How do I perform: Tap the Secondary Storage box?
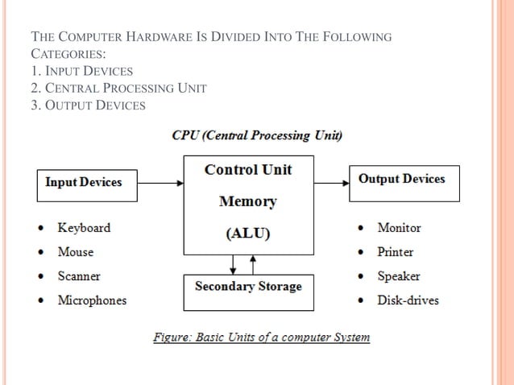pyautogui.click(x=248, y=287)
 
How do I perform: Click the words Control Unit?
pyautogui.click(x=248, y=170)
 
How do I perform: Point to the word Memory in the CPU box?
pyautogui.click(x=248, y=202)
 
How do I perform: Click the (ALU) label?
pyautogui.click(x=248, y=234)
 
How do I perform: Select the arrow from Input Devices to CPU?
pyautogui.click(x=157, y=182)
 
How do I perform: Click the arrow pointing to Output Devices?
pyautogui.click(x=330, y=182)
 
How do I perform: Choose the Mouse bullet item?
pyautogui.click(x=76, y=252)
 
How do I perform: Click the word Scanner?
pyautogui.click(x=79, y=276)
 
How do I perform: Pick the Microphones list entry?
pyautogui.click(x=92, y=300)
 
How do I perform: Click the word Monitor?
pyautogui.click(x=399, y=228)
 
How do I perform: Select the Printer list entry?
pyautogui.click(x=396, y=252)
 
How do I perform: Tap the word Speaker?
pyautogui.click(x=399, y=276)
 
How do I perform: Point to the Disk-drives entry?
pyautogui.click(x=408, y=300)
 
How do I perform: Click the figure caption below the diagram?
pyautogui.click(x=262, y=337)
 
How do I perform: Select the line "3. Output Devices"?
pyautogui.click(x=89, y=106)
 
